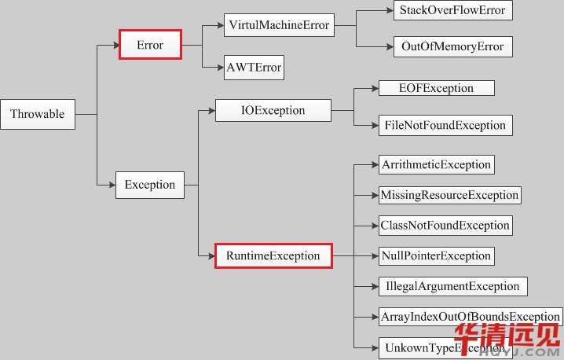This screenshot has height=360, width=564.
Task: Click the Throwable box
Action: (38, 114)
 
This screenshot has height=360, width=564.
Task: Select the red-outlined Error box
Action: (150, 45)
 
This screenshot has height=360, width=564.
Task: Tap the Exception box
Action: (149, 185)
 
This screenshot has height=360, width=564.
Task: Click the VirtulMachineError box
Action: (278, 25)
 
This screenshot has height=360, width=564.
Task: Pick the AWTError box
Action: (254, 68)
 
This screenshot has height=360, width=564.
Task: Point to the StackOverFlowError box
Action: (452, 10)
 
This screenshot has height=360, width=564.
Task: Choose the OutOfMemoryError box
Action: (452, 46)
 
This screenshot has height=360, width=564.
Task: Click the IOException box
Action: (273, 110)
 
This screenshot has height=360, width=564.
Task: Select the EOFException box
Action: (436, 88)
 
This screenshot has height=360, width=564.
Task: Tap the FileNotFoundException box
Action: (445, 125)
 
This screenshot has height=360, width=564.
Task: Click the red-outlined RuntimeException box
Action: (273, 255)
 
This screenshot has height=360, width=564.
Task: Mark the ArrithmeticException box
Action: (436, 164)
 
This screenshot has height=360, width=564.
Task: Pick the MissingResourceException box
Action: (449, 194)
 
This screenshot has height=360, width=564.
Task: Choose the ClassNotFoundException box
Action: (445, 225)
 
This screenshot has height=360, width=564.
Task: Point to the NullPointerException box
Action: (436, 255)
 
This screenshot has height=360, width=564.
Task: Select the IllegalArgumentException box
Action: (452, 286)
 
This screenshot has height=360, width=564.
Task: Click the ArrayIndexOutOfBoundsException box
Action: (470, 317)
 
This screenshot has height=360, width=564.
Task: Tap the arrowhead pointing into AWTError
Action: (219, 68)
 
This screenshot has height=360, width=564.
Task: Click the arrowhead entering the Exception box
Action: (111, 185)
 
